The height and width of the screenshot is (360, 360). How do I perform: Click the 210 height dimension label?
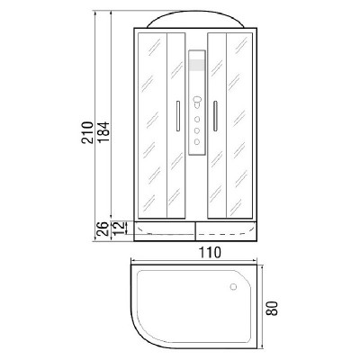point(87,132)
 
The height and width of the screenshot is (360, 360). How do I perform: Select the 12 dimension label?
point(120,228)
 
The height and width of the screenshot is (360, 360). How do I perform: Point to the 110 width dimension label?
point(210,252)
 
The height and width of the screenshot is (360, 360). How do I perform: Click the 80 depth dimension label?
point(273,308)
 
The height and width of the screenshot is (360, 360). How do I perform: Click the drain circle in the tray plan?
point(233,287)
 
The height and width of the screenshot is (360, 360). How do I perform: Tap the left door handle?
point(178,116)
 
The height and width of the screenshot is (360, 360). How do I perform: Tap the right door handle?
point(215,116)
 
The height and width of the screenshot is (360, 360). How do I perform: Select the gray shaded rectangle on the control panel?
point(197,66)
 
